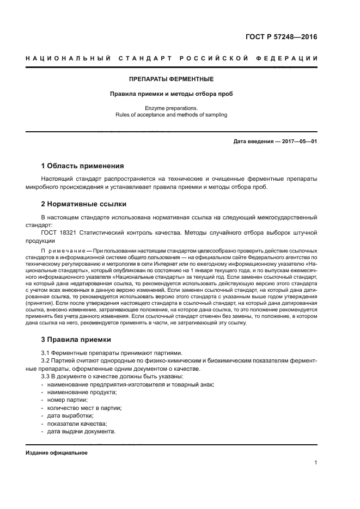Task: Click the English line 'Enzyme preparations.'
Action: (x=172, y=108)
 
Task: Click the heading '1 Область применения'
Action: (x=83, y=165)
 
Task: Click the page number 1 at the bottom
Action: (x=316, y=463)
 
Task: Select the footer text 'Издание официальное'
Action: (x=57, y=453)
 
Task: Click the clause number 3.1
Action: (x=46, y=353)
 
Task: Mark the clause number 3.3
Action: (x=46, y=377)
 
